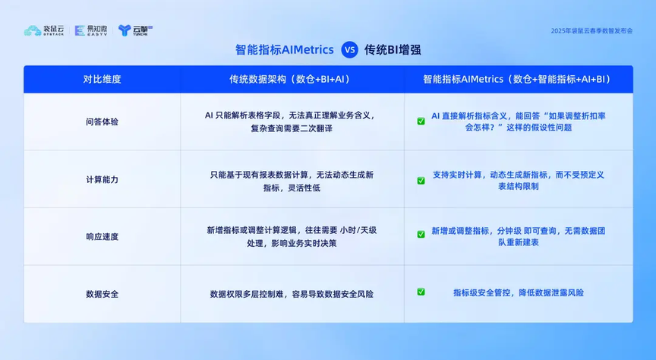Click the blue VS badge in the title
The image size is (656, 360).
click(x=349, y=50)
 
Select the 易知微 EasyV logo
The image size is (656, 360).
click(x=91, y=30)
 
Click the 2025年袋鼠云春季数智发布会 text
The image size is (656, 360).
click(x=591, y=31)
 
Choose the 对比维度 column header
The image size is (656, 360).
click(x=102, y=79)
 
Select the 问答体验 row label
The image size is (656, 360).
click(x=102, y=122)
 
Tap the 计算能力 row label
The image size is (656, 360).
click(x=102, y=179)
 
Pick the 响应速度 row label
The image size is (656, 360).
click(x=102, y=236)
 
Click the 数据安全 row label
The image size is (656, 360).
click(x=102, y=294)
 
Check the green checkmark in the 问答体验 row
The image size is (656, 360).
click(x=421, y=121)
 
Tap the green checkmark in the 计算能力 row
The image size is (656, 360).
click(x=421, y=181)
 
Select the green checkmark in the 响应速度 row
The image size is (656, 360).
click(x=421, y=234)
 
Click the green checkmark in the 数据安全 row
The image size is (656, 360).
click(x=421, y=292)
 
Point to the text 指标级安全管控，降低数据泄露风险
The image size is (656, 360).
click(x=519, y=292)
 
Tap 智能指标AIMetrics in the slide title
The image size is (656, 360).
click(x=285, y=50)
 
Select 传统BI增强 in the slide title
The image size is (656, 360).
click(x=393, y=50)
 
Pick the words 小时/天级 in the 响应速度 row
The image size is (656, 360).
click(x=358, y=230)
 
